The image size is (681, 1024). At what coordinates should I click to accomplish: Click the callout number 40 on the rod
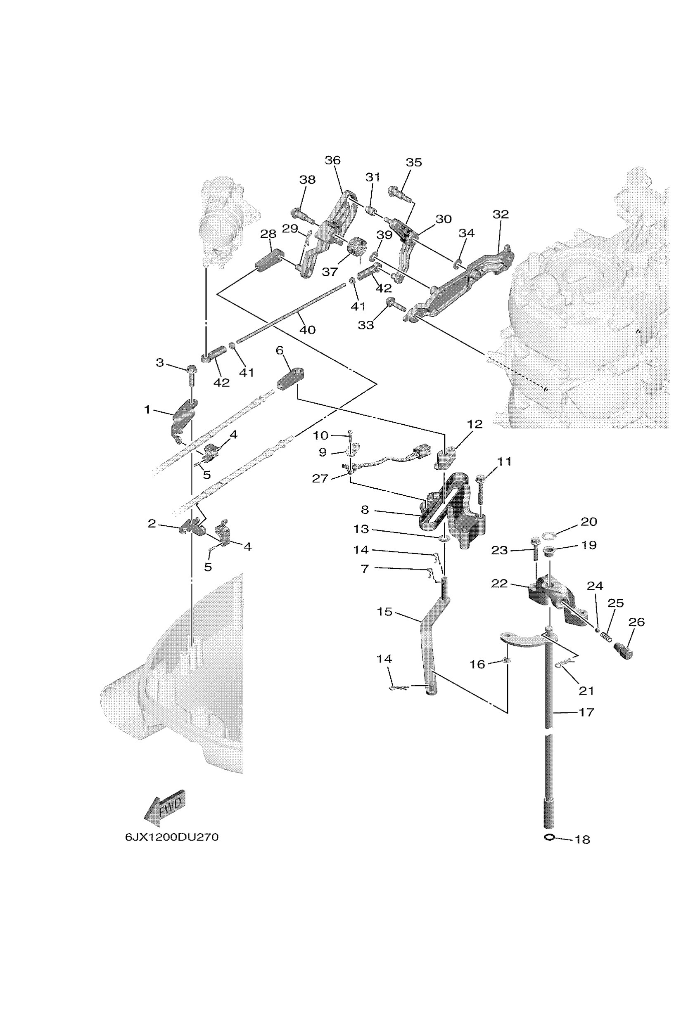[x=308, y=330]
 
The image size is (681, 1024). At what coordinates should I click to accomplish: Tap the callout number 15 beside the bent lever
[x=385, y=612]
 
